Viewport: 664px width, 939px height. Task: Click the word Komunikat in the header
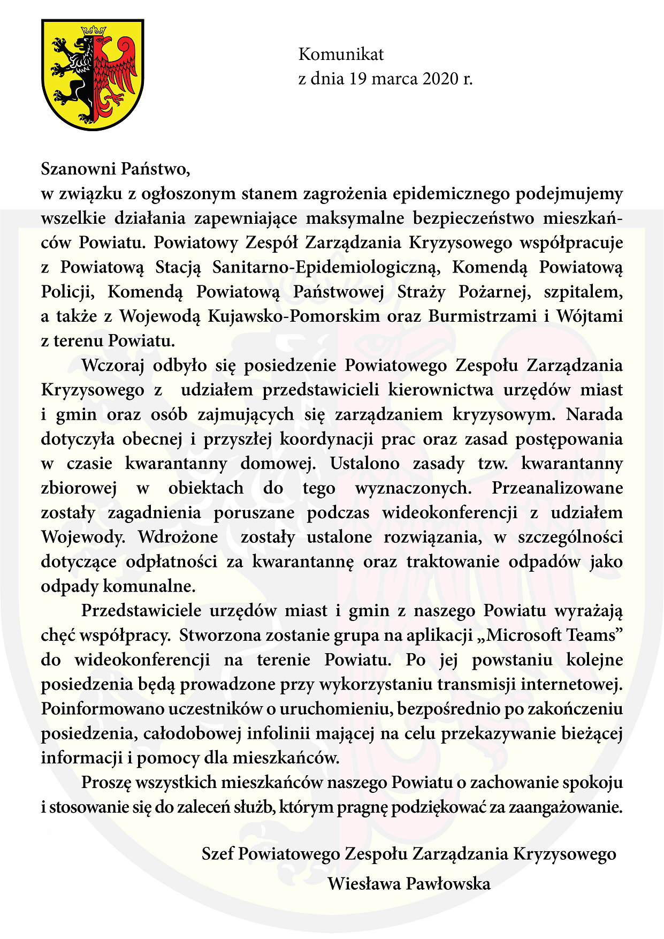341,54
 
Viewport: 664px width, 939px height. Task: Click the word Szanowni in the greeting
79,169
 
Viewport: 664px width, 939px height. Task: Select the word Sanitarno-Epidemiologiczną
326,267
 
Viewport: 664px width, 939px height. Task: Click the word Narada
594,415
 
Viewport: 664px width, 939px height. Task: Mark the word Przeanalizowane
558,488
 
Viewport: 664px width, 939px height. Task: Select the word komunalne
149,586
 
